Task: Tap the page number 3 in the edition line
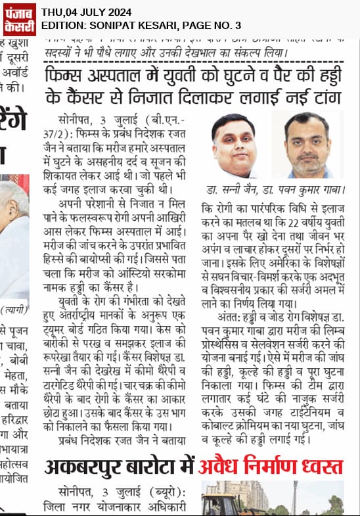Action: coord(238,25)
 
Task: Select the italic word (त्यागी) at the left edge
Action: coord(12,310)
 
